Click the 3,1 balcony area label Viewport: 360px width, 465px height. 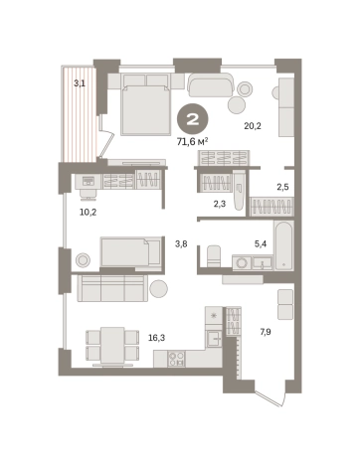80,83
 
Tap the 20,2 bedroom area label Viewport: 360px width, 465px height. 253,126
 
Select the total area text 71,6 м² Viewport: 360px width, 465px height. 193,142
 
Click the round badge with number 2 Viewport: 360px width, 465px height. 193,120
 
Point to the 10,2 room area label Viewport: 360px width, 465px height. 89,212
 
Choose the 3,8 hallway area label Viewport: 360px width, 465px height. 181,244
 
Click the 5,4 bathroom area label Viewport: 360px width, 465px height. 261,244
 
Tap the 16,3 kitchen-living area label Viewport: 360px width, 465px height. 157,338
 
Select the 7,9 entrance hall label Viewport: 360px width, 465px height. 266,332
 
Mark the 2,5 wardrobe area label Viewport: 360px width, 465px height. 282,187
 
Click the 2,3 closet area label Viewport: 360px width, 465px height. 220,204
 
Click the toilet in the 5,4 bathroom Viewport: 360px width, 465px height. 214,255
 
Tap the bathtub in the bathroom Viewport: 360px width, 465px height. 283,245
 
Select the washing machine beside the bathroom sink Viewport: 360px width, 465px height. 242,263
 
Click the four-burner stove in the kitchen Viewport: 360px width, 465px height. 176,359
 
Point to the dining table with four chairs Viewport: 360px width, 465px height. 112,347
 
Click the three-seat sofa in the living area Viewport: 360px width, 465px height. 112,288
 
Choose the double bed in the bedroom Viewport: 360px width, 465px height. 145,104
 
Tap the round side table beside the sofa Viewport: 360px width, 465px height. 158,289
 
